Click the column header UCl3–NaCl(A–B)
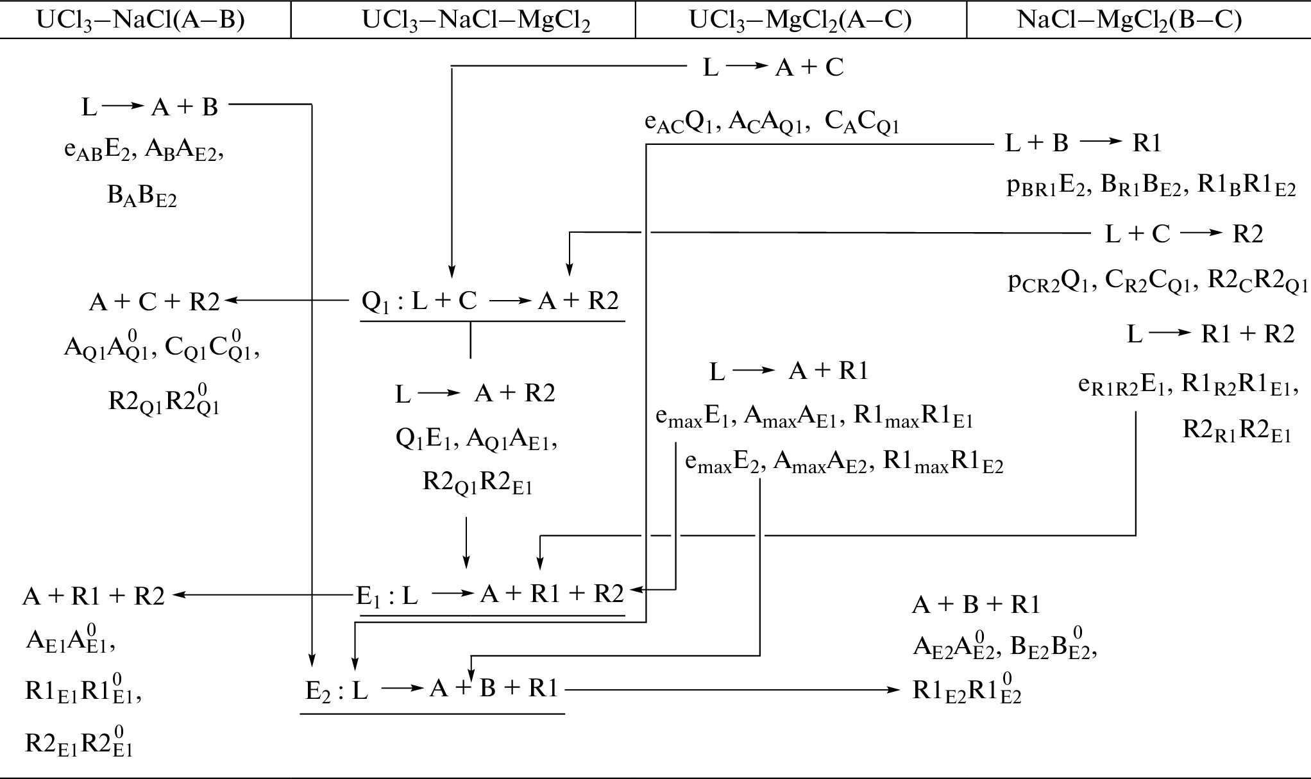pyautogui.click(x=140, y=20)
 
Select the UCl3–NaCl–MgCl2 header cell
pyautogui.click(x=476, y=20)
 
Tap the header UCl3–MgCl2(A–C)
pyautogui.click(x=800, y=20)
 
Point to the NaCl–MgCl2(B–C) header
pyautogui.click(x=1129, y=20)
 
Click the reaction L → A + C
pyautogui.click(x=773, y=67)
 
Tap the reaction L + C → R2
pyautogui.click(x=1183, y=234)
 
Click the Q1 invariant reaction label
pyautogui.click(x=491, y=301)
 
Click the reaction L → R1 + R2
pyautogui.click(x=1210, y=334)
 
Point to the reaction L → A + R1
pyautogui.click(x=788, y=371)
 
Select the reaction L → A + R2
pyautogui.click(x=475, y=393)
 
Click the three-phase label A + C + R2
pyautogui.click(x=154, y=301)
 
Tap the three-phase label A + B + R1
pyautogui.click(x=976, y=605)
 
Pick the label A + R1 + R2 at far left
pyautogui.click(x=94, y=596)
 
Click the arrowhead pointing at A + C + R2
pyautogui.click(x=228, y=300)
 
